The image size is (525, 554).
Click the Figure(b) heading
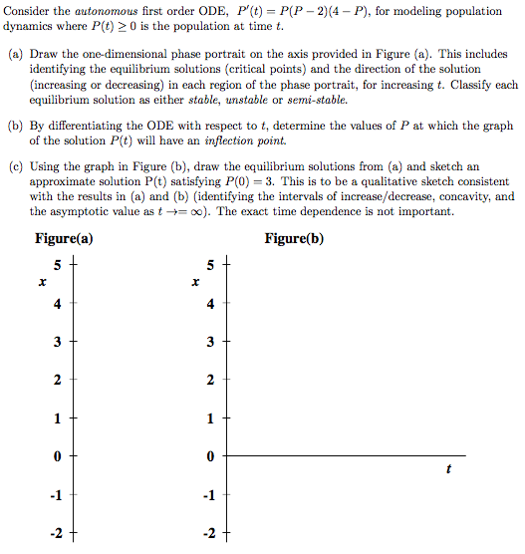(294, 239)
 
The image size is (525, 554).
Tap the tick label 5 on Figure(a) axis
(59, 267)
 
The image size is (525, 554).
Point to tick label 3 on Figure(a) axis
(59, 343)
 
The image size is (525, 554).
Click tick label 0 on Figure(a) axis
(59, 456)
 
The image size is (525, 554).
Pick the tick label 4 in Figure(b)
(210, 305)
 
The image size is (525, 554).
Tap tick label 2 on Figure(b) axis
(210, 381)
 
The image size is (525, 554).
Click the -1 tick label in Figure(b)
(208, 495)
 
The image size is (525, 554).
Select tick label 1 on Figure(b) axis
(210, 418)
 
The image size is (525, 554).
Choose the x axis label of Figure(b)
(196, 284)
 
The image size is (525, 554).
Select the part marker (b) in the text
(16, 127)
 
